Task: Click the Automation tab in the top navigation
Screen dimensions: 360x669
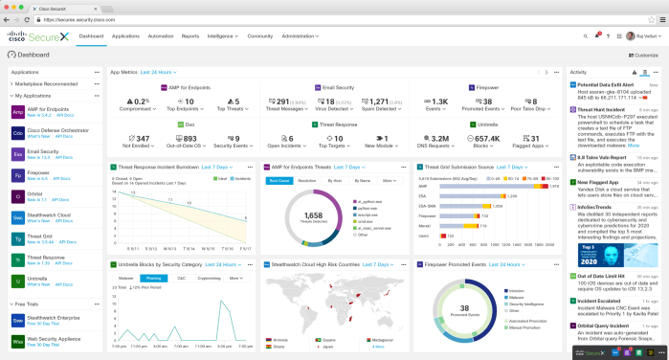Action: tap(160, 35)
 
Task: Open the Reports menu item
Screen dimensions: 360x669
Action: tap(190, 35)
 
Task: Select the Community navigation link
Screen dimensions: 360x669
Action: tap(260, 35)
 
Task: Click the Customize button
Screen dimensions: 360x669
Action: tap(644, 56)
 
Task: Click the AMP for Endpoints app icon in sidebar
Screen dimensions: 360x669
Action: tap(18, 111)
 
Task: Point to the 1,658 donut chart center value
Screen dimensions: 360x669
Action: tap(312, 216)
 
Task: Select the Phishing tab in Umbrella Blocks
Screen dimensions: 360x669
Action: tap(153, 278)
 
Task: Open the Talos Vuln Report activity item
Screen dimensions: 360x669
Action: tap(603, 156)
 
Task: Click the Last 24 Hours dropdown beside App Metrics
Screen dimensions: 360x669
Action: tap(159, 72)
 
